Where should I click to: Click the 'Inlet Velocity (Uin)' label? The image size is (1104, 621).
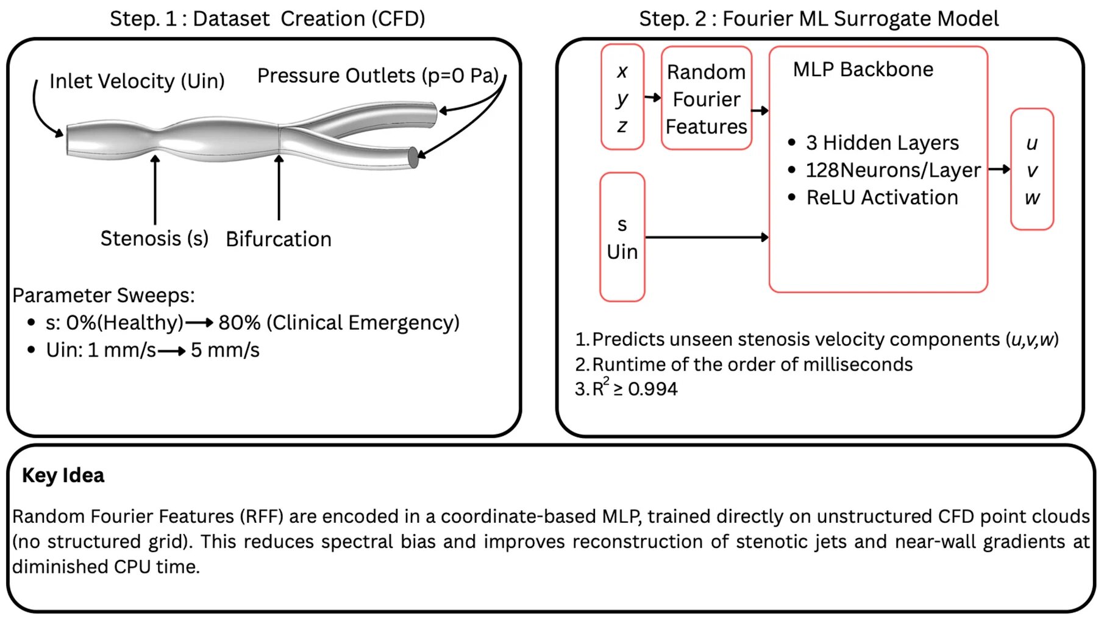137,81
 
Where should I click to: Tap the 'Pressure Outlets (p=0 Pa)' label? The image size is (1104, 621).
377,76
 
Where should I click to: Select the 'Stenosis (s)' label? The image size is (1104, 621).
154,238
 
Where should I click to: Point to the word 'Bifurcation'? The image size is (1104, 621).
278,239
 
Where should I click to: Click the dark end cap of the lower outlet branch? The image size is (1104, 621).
413,157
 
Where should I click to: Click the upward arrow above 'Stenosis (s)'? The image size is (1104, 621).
155,189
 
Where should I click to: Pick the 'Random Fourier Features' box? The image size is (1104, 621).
706,99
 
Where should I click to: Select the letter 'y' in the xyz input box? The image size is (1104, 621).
621,99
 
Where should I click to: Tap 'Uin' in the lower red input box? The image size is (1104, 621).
622,252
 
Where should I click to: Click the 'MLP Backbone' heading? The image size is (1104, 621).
863,69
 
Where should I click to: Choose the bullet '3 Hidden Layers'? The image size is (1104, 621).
881,143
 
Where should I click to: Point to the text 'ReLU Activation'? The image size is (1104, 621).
881,197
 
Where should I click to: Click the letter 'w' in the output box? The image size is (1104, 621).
1031,197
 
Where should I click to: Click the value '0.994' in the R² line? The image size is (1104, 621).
652,389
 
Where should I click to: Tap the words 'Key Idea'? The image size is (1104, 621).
63,475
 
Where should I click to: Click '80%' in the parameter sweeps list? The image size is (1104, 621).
240,322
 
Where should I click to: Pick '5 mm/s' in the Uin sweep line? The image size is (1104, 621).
225,350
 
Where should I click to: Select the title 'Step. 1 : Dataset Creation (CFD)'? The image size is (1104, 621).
267,19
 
